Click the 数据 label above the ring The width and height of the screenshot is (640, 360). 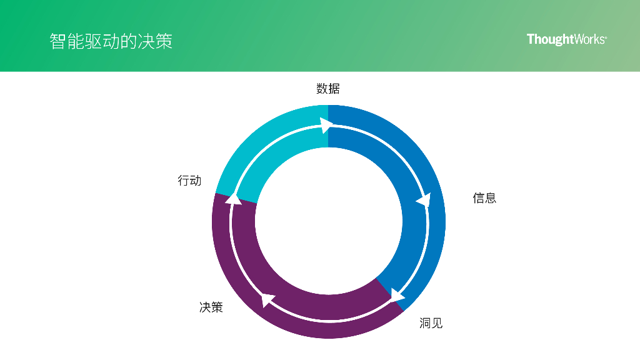(328, 89)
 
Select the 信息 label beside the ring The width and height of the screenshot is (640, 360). (484, 198)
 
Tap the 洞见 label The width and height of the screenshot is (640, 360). (431, 323)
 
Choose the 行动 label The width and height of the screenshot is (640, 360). (189, 181)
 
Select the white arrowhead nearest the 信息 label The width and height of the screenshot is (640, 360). (424, 201)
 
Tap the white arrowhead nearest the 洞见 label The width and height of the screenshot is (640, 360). (396, 295)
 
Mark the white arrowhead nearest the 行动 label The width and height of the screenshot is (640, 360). (233, 199)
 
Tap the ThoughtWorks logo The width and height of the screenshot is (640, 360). (566, 39)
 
